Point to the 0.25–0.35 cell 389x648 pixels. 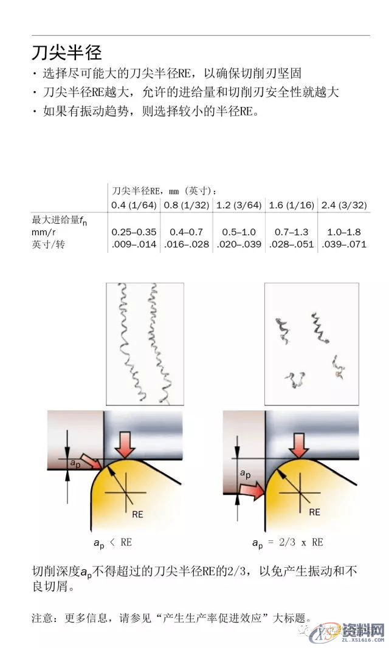pos(134,232)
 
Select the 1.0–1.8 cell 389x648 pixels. pos(343,232)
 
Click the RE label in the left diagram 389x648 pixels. pos(137,514)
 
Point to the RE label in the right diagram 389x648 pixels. pos(314,512)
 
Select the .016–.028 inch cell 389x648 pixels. pos(186,244)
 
